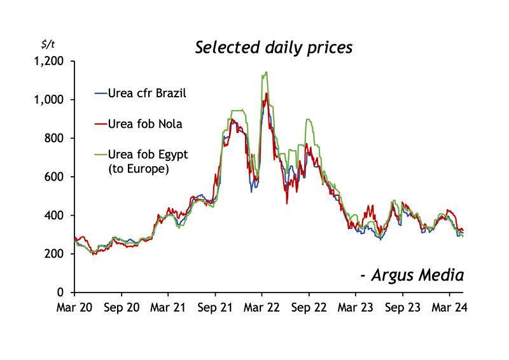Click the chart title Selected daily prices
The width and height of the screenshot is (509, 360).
point(273,48)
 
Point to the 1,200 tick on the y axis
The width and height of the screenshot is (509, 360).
point(49,61)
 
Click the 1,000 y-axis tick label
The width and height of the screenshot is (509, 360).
point(49,100)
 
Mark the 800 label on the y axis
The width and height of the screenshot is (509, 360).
point(55,138)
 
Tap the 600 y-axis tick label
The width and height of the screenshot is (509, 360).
point(55,177)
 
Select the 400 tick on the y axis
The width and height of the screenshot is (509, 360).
point(55,216)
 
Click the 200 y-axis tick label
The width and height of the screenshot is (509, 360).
point(55,254)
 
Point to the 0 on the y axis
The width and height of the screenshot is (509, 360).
point(61,293)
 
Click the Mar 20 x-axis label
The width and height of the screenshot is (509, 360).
point(74,307)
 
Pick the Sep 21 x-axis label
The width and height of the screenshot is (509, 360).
point(215,307)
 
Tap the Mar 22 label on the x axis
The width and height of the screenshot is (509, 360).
point(262,307)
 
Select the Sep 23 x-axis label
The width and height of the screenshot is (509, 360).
point(403,307)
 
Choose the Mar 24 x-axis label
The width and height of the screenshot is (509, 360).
point(450,307)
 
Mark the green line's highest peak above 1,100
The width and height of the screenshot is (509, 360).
point(265,73)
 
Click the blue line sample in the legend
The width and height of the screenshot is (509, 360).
point(100,93)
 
